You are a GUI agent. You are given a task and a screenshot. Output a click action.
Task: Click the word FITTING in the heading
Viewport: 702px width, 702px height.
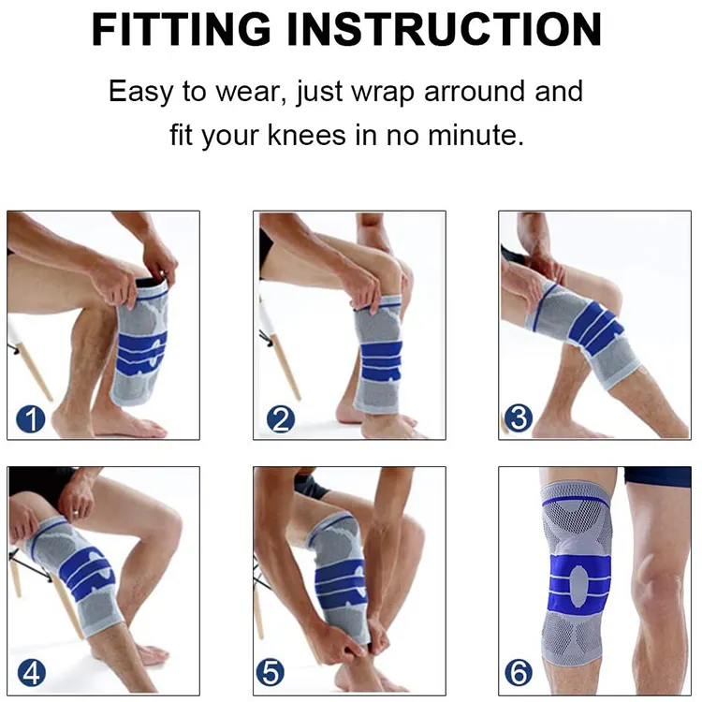tap(181, 29)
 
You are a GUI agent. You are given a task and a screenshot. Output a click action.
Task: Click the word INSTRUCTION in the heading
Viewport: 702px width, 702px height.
tap(444, 29)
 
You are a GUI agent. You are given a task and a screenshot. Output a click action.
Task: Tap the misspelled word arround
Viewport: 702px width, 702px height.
tap(475, 92)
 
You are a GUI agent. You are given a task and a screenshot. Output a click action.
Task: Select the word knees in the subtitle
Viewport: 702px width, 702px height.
tap(307, 134)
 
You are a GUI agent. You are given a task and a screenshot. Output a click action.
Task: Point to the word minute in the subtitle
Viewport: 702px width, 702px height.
tap(475, 134)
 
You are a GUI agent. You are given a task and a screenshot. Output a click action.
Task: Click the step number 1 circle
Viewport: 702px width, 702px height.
tap(31, 419)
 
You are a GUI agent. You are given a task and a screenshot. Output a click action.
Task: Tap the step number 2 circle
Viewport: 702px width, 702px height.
tap(281, 419)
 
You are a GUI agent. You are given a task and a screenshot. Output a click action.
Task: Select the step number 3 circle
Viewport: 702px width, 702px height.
tap(519, 417)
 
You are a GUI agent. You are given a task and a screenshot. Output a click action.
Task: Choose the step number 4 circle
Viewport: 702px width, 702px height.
tap(32, 672)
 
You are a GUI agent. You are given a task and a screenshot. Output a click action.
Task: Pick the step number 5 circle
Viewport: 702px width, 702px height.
tap(271, 672)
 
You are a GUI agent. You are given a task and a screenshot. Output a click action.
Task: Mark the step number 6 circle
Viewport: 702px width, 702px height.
tap(519, 672)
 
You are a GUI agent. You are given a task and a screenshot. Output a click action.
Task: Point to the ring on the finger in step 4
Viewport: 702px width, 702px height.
tap(76, 514)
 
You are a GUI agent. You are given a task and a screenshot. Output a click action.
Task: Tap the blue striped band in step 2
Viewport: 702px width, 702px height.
tap(381, 361)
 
